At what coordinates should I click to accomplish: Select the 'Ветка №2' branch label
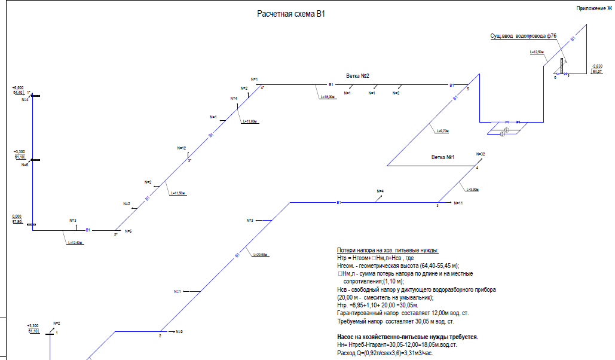tap(358, 76)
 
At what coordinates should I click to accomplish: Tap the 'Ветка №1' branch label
tap(443, 157)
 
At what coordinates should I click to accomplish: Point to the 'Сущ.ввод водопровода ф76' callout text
tap(523, 36)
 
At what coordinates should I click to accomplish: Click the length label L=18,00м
tap(327, 97)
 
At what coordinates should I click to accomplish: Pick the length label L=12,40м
tap(75, 243)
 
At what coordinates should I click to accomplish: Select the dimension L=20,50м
tap(259, 255)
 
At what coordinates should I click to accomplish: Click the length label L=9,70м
tap(443, 131)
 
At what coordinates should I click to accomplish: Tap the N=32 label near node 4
tap(480, 154)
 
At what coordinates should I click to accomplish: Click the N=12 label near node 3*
tap(182, 148)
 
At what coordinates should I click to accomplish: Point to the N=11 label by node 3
tap(458, 203)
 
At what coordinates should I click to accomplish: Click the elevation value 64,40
tap(17, 93)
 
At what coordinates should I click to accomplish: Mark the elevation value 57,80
tap(17, 222)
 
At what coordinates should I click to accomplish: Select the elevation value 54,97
tap(596, 72)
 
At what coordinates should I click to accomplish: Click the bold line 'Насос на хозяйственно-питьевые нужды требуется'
tap(407, 337)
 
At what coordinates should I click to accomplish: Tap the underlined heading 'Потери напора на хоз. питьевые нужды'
tap(388, 250)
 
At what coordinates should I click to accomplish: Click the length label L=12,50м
tap(537, 53)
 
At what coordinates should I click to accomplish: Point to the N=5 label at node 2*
tap(128, 231)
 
